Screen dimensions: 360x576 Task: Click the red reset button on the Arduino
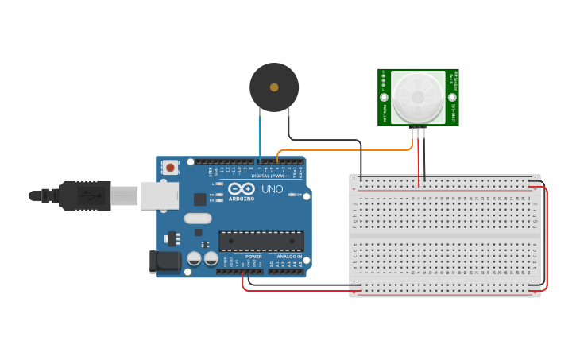click(x=169, y=167)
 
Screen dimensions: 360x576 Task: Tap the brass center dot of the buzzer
click(x=274, y=87)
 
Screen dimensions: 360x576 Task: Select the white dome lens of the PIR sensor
click(x=418, y=97)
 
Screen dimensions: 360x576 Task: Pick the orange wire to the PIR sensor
click(x=342, y=149)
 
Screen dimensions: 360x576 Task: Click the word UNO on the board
click(x=273, y=190)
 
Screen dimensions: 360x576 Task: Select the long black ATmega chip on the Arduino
click(x=261, y=240)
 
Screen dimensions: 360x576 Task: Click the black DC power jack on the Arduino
click(x=164, y=261)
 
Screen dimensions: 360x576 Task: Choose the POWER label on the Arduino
click(x=253, y=257)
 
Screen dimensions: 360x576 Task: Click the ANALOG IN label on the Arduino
click(x=289, y=257)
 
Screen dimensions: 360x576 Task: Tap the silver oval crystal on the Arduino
click(x=197, y=218)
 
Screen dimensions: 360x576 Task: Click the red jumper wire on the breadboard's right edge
click(x=547, y=238)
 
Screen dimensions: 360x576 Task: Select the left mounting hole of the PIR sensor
click(x=384, y=98)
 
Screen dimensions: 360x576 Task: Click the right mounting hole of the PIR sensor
click(x=452, y=98)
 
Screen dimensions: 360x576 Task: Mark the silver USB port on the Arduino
click(x=160, y=195)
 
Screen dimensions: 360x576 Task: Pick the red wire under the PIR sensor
click(x=419, y=159)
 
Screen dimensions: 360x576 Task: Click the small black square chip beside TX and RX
click(x=200, y=199)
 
